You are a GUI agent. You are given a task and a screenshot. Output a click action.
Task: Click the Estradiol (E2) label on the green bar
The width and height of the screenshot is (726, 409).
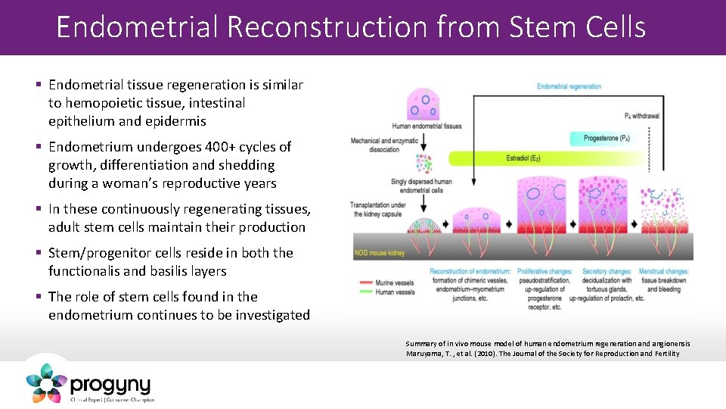tap(523, 158)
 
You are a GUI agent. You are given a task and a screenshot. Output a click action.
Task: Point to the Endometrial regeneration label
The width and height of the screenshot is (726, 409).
tap(569, 86)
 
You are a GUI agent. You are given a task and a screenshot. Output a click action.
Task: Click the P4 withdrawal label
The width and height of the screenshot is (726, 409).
tap(642, 116)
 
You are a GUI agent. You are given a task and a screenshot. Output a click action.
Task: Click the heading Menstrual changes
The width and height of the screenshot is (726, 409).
tap(663, 271)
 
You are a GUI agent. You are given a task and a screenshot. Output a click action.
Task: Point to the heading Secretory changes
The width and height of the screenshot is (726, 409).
tap(606, 271)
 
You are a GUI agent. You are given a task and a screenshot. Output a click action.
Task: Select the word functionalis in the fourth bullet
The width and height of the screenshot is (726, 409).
tap(88, 271)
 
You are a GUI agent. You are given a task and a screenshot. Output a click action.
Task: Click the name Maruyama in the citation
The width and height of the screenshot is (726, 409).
tap(427, 353)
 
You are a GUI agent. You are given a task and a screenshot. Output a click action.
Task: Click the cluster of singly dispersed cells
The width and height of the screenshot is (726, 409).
tap(422, 164)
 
